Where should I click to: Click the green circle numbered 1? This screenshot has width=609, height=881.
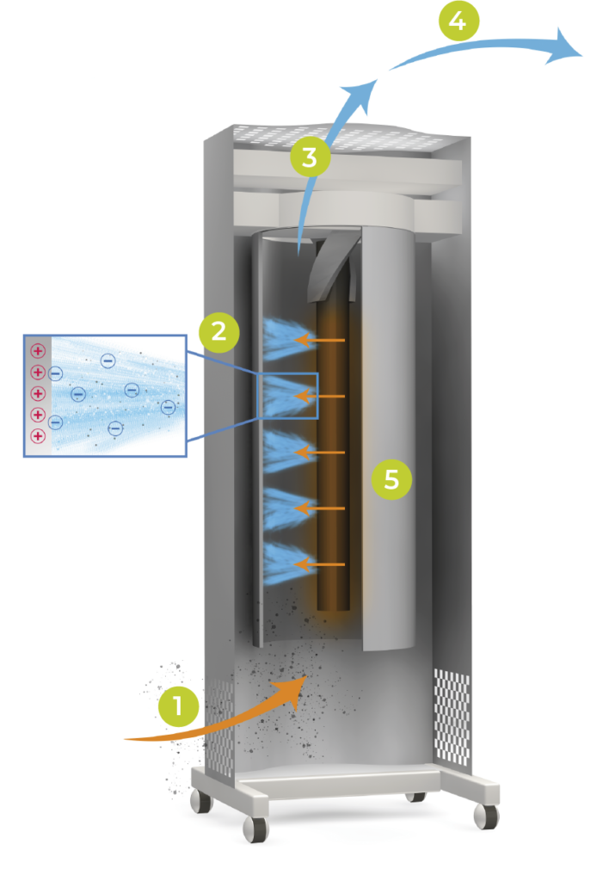click(x=179, y=708)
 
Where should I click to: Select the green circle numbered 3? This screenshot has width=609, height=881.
click(x=310, y=157)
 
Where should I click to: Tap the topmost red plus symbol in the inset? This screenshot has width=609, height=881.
click(x=38, y=351)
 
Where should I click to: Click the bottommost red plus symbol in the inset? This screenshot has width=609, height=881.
click(x=38, y=436)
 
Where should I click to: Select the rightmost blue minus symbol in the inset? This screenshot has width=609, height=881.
click(x=168, y=407)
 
